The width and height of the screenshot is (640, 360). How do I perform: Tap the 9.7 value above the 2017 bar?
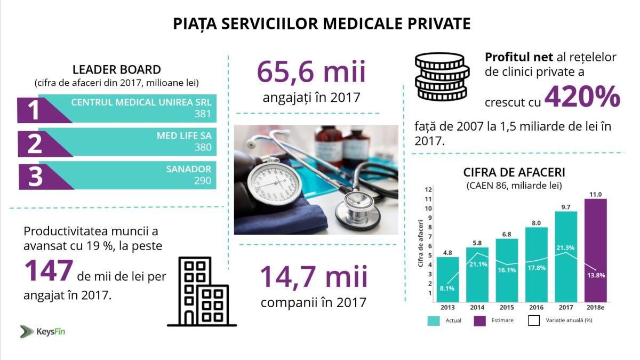pyautogui.click(x=566, y=206)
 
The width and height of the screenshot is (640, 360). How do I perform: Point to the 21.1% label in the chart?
pyautogui.click(x=478, y=264)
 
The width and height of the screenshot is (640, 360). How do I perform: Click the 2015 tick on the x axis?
pyautogui.click(x=507, y=307)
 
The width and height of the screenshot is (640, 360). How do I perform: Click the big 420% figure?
pyautogui.click(x=582, y=98)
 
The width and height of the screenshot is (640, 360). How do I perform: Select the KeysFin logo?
pyautogui.click(x=43, y=331)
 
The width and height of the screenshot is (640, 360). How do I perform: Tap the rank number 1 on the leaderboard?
pyautogui.click(x=34, y=110)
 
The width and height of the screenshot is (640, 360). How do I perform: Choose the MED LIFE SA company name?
pyautogui.click(x=184, y=136)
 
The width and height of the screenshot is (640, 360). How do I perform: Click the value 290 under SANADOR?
pyautogui.click(x=203, y=181)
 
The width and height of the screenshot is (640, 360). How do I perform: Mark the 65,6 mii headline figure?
pyautogui.click(x=311, y=72)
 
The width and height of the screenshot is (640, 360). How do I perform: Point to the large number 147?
pyautogui.click(x=48, y=270)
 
